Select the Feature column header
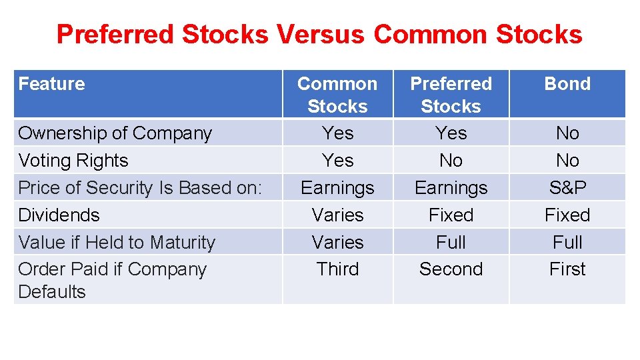51,84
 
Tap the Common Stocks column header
337,95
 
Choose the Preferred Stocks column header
451,95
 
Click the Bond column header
567,84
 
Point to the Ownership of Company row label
115,133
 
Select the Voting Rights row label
73,161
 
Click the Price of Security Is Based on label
140,188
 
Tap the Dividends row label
59,215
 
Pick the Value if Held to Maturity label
117,243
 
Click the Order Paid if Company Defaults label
112,280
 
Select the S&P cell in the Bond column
567,188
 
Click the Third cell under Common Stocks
337,269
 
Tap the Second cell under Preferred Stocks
451,269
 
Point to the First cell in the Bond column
567,269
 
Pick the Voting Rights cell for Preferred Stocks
451,161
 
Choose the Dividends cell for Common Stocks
337,215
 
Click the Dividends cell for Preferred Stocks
451,215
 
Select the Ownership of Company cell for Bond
567,133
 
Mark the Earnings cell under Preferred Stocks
451,188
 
